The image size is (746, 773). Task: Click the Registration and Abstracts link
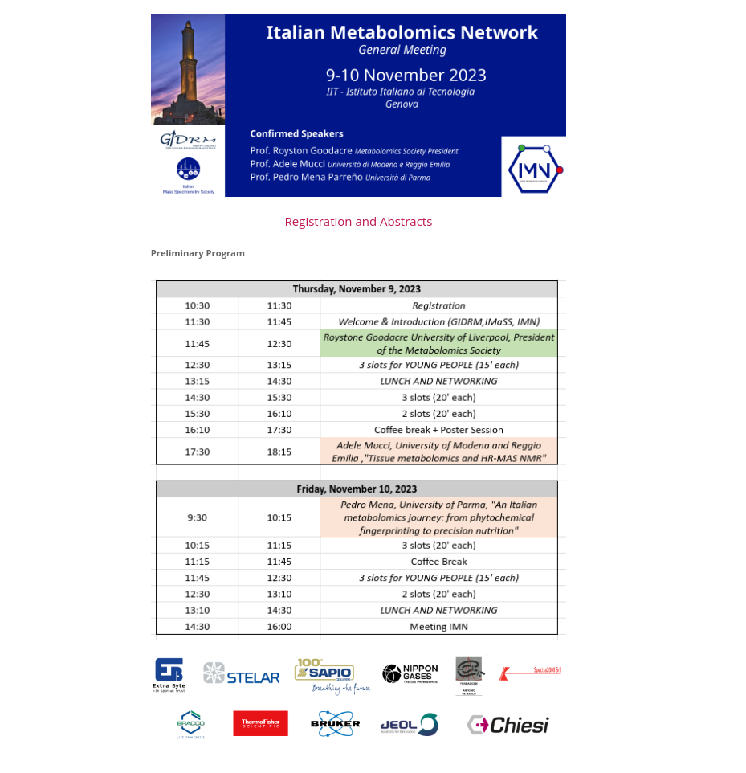(358, 222)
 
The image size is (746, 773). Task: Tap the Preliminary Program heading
(198, 253)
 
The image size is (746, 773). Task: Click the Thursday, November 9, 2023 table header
(357, 289)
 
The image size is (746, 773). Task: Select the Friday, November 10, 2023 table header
(357, 489)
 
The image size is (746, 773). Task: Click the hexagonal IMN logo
(534, 168)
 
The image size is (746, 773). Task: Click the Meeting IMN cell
(438, 627)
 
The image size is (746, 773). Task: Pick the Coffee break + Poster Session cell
(438, 430)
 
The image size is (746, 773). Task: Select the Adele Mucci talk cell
(438, 452)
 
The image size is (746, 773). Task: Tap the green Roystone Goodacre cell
(438, 344)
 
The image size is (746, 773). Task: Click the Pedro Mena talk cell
(438, 517)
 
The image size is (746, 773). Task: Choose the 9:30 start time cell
(198, 517)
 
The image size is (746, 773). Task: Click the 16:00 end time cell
(279, 627)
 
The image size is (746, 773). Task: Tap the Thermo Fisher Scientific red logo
(260, 723)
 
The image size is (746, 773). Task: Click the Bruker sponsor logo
(335, 723)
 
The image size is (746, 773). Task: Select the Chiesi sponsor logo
(508, 725)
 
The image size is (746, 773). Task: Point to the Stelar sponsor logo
(242, 675)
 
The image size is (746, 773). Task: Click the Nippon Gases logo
(410, 673)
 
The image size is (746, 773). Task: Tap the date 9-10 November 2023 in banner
(406, 76)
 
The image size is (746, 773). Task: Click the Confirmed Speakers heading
(296, 133)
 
